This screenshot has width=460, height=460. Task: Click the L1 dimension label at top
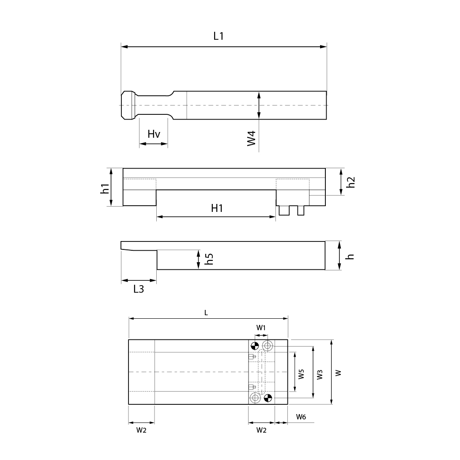[x=219, y=36]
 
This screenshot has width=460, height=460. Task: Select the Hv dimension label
[x=154, y=134]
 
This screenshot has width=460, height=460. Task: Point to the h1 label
[x=105, y=189]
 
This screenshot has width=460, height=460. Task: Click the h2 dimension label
[x=351, y=182]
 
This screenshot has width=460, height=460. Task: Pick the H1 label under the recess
[x=217, y=208]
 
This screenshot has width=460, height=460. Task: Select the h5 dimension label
[x=210, y=259]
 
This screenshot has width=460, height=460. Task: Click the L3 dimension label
[x=139, y=290]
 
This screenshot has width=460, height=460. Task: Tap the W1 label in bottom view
[x=261, y=328]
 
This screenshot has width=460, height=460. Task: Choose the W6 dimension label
[x=301, y=417]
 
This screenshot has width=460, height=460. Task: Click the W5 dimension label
[x=301, y=374]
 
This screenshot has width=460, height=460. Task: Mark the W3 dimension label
[x=320, y=374]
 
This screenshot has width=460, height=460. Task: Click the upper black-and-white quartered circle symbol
[x=255, y=346]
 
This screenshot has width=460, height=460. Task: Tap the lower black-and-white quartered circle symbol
[x=268, y=398]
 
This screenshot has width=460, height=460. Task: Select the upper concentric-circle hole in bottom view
[x=267, y=345]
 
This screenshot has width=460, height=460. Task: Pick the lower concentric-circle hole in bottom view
[x=255, y=398]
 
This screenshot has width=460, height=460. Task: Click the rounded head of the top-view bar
[x=128, y=105]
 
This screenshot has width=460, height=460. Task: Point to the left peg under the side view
[x=284, y=211]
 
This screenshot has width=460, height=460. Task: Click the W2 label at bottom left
[x=141, y=430]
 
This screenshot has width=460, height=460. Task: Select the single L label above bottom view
[x=206, y=313]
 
